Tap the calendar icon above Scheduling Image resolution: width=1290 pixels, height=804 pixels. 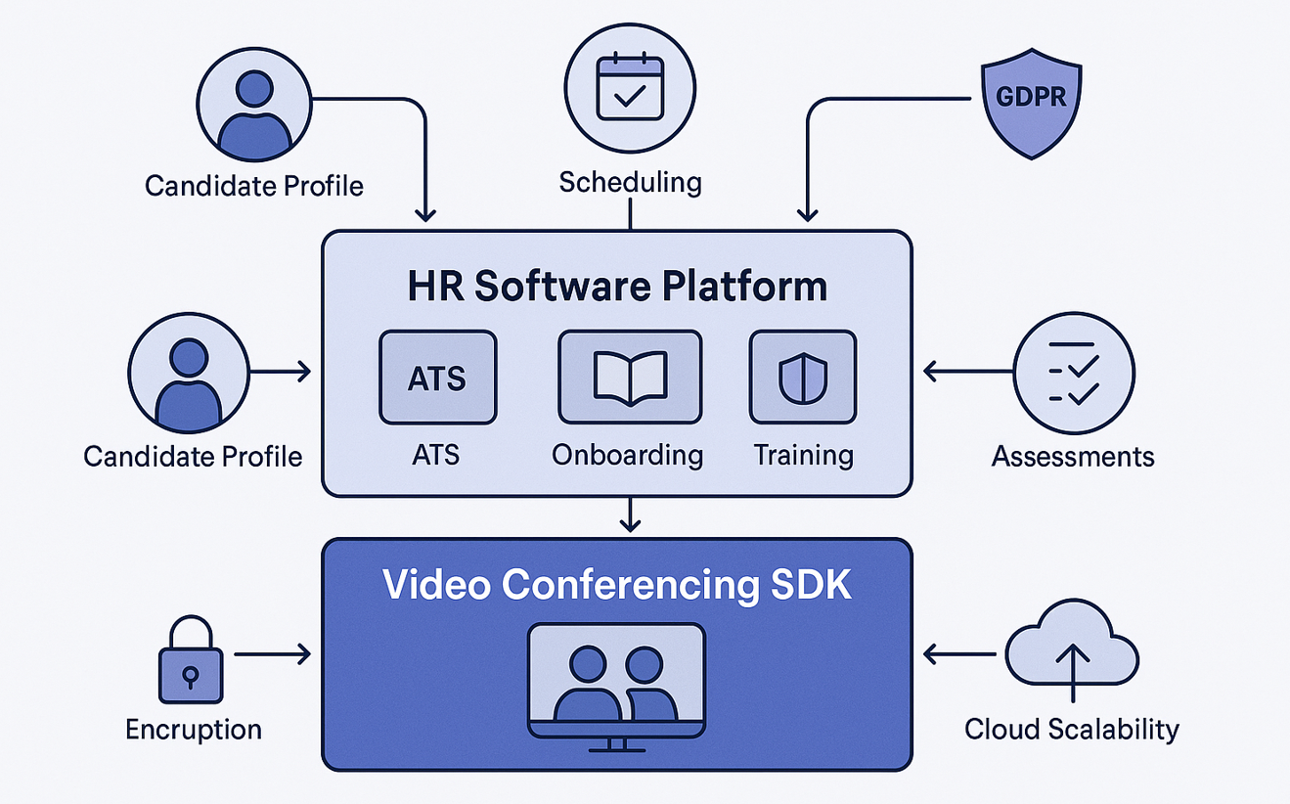click(630, 88)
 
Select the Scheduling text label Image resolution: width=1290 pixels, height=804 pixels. click(630, 182)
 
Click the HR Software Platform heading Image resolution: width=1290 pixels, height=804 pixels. click(617, 287)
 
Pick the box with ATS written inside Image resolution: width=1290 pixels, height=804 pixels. click(437, 377)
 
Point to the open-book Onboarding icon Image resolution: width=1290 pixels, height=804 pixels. click(630, 377)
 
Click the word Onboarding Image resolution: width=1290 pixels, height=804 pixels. click(627, 455)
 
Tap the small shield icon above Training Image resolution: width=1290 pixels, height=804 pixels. click(802, 377)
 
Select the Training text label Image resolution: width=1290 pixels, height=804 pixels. click(803, 455)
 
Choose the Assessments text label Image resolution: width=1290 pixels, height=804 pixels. click(1073, 456)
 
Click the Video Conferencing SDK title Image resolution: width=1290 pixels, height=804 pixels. click(617, 584)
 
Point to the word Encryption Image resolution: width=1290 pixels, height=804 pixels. click(194, 729)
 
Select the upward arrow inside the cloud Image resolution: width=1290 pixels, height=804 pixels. click(1072, 669)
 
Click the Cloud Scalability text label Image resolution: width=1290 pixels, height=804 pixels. click(1072, 729)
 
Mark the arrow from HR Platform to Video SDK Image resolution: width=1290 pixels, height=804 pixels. click(631, 515)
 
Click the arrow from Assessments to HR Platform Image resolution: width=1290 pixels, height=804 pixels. click(967, 372)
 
